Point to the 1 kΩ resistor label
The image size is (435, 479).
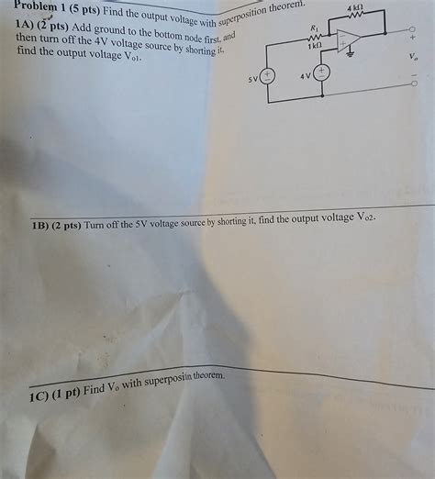[x=315, y=45]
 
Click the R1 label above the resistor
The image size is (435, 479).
[x=315, y=28]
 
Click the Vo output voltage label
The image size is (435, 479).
[x=413, y=57]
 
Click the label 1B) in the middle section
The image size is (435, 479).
[x=43, y=224]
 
